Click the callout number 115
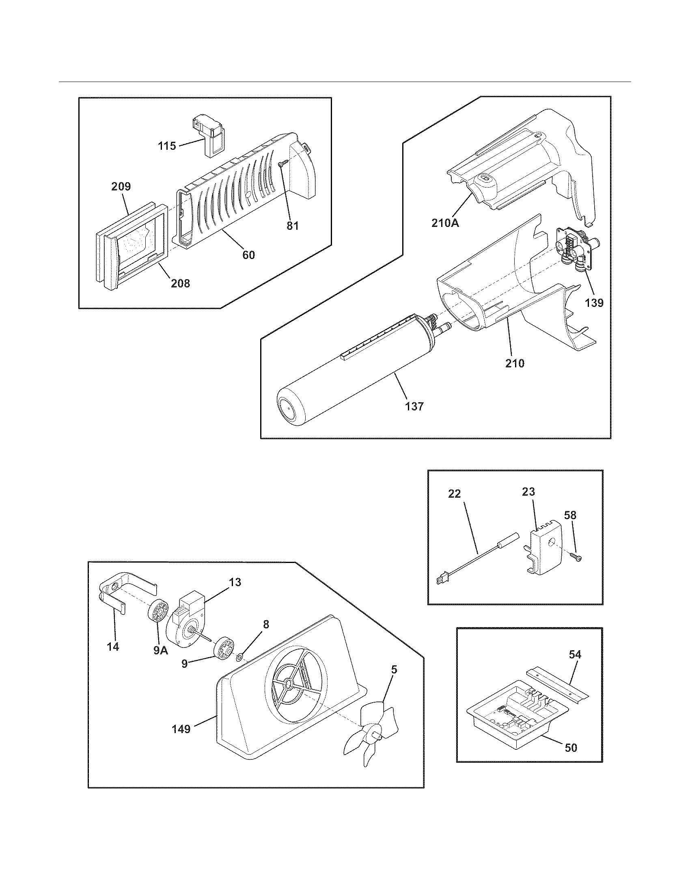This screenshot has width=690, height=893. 167,146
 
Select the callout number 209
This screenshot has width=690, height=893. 121,186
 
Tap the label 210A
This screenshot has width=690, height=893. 445,223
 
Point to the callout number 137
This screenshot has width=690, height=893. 414,406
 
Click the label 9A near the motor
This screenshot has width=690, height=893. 161,651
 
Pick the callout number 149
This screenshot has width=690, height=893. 181,729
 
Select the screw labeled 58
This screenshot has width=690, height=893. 578,557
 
